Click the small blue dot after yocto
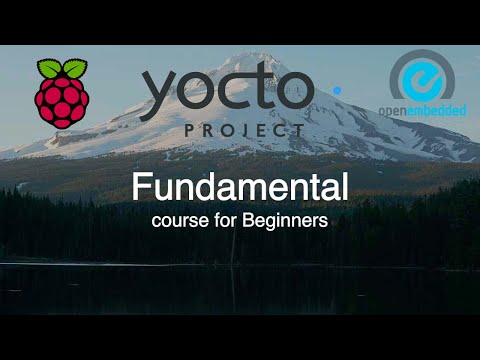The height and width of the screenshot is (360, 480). pyautogui.click(x=336, y=90)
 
